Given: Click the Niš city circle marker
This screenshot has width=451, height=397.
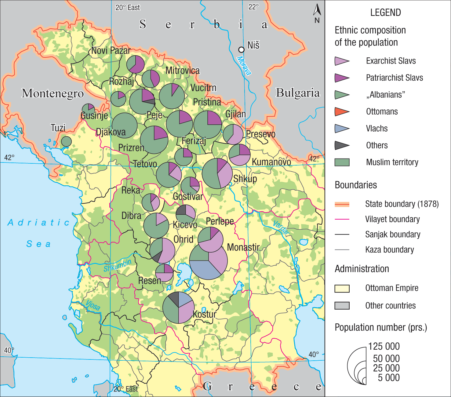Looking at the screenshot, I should [x=241, y=49].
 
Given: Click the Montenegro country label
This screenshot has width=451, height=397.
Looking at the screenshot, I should [x=53, y=93].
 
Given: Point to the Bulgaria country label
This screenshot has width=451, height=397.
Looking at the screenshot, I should [x=298, y=93].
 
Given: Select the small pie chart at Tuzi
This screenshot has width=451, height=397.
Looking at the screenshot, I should [x=66, y=141].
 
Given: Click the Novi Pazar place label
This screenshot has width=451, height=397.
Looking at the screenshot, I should [x=111, y=50].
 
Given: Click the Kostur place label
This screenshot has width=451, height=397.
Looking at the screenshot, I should [x=204, y=314].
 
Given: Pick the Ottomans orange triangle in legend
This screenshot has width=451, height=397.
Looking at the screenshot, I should [x=342, y=112].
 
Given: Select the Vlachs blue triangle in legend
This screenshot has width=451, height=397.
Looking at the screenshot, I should [x=342, y=129].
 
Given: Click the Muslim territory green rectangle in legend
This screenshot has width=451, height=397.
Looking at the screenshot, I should [x=342, y=162].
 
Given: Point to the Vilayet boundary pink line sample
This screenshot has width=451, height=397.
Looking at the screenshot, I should [x=342, y=219].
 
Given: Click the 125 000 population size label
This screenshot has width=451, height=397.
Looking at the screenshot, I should [x=384, y=347].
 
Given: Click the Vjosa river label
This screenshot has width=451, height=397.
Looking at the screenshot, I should [x=93, y=305].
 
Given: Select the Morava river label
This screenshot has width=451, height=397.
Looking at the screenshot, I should [x=244, y=66].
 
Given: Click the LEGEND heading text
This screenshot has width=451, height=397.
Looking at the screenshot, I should [x=385, y=13].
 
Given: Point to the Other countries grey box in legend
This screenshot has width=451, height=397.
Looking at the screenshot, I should [x=342, y=306].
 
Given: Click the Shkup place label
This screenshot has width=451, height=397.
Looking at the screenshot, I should [x=245, y=179].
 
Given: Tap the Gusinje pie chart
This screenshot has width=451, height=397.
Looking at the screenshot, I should [x=88, y=109].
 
